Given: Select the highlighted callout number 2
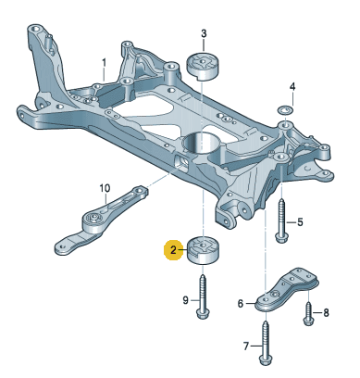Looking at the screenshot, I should tap(171, 250).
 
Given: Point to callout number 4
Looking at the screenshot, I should tap(292, 87).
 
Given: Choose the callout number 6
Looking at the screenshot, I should tap(241, 303).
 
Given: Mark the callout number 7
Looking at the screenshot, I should tap(246, 347).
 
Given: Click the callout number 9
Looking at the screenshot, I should tap(184, 298).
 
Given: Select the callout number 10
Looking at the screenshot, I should tap(105, 188).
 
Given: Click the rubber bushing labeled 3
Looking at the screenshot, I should tap(203, 67).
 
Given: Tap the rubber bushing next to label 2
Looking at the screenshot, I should tap(203, 251).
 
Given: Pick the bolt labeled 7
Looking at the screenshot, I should tap(267, 341).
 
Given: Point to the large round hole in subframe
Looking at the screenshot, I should tap(203, 144).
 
